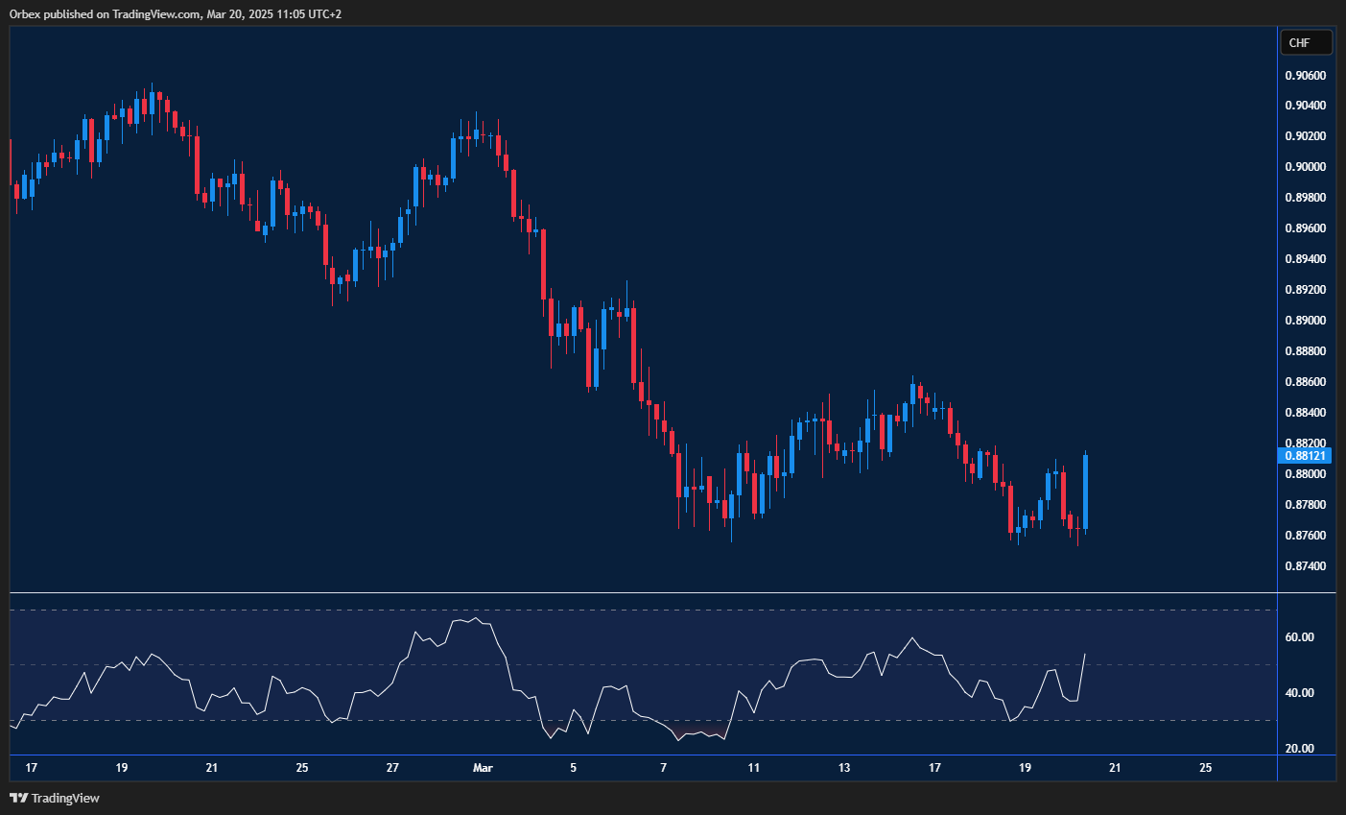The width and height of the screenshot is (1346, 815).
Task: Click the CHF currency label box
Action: click(1306, 42)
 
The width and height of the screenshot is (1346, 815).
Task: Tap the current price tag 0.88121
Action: click(1305, 455)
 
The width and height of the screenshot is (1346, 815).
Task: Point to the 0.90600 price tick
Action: click(1305, 75)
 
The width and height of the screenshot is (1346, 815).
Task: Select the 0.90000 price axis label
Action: click(1305, 167)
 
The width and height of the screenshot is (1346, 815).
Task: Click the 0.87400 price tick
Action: click(1305, 566)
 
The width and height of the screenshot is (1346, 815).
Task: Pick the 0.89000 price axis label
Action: click(1305, 321)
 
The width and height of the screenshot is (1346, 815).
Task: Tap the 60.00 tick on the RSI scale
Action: click(1299, 637)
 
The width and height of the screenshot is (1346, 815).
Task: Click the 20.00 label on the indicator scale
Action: click(1299, 749)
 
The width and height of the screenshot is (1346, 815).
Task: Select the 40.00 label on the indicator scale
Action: click(1299, 693)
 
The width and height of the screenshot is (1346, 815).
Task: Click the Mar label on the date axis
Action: click(483, 768)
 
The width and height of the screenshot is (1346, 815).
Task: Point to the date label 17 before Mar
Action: click(32, 768)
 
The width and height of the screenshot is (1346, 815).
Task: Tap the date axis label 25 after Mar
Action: click(1206, 768)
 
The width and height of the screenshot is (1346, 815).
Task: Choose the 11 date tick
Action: click(754, 768)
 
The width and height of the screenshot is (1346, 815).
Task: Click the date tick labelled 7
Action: click(664, 768)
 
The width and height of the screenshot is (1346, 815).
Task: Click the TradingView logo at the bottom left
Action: click(55, 798)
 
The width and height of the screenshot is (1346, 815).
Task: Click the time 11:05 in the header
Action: click(279, 14)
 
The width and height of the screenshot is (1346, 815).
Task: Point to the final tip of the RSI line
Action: click(1085, 654)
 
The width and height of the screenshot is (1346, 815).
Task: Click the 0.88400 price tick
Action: click(1305, 413)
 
